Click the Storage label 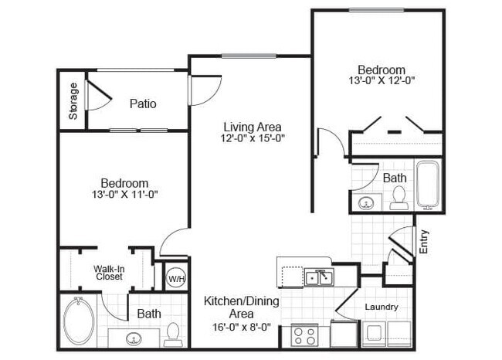coord(73,101)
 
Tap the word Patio coord(144,104)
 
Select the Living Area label coord(253,127)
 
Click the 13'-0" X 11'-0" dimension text coord(124,195)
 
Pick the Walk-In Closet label coord(110,273)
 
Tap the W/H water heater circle coord(177,278)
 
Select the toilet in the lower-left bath coord(172,332)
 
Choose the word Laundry coord(382,307)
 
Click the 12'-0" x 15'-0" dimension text coord(253,139)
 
